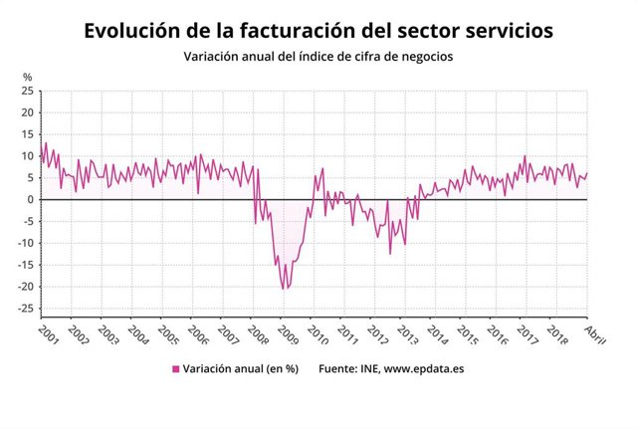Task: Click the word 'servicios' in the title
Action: coord(502,31)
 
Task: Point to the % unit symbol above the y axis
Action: coord(28,77)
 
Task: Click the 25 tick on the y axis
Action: coord(28,92)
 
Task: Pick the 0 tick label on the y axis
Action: coord(31,200)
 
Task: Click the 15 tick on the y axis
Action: coord(28,135)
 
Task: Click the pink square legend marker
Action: coord(176,368)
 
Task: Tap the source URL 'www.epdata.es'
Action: coord(424,368)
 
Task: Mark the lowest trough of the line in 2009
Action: coord(283,290)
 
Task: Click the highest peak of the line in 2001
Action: coord(45,143)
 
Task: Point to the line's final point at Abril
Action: coord(587,173)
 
